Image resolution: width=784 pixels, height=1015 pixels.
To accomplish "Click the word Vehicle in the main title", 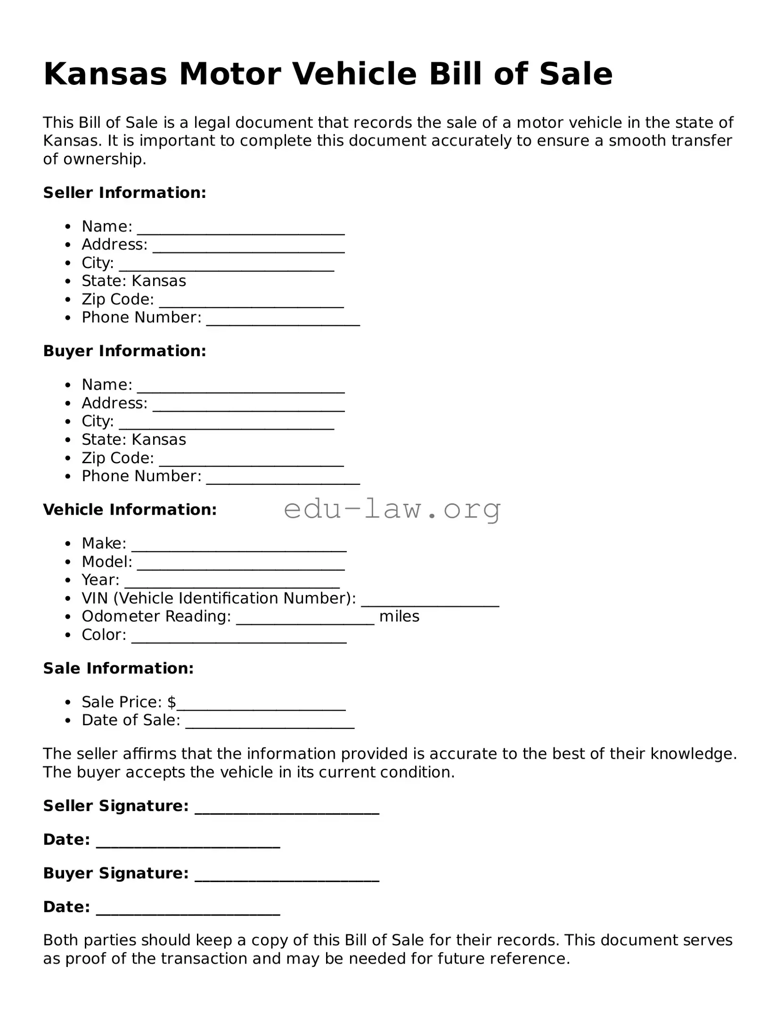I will click(354, 74).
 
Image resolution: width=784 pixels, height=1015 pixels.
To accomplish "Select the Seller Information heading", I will click(124, 193).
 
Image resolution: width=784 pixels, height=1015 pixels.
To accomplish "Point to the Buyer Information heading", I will click(124, 351).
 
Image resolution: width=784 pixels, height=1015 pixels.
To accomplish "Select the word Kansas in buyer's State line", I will click(159, 440).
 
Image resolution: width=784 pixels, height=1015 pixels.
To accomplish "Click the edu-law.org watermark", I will click(392, 509).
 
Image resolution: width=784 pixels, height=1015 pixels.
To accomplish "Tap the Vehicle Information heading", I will click(130, 510).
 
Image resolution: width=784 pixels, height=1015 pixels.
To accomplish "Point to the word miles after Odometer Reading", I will click(399, 616).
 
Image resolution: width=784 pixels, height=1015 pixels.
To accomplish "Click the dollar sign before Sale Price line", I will click(171, 702).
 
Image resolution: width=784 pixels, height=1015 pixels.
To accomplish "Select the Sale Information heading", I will click(118, 668).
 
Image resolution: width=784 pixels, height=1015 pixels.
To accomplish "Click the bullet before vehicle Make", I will click(68, 544).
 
